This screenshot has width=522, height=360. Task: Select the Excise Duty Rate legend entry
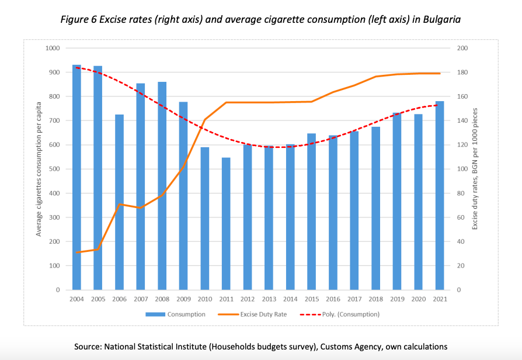pos(263,314)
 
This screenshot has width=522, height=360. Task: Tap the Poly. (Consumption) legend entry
pos(351,314)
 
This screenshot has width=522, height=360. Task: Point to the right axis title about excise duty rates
pos(475,168)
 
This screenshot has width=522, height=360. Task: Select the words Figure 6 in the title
pos(79,19)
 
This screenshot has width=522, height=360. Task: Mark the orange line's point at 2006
pos(119,204)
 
